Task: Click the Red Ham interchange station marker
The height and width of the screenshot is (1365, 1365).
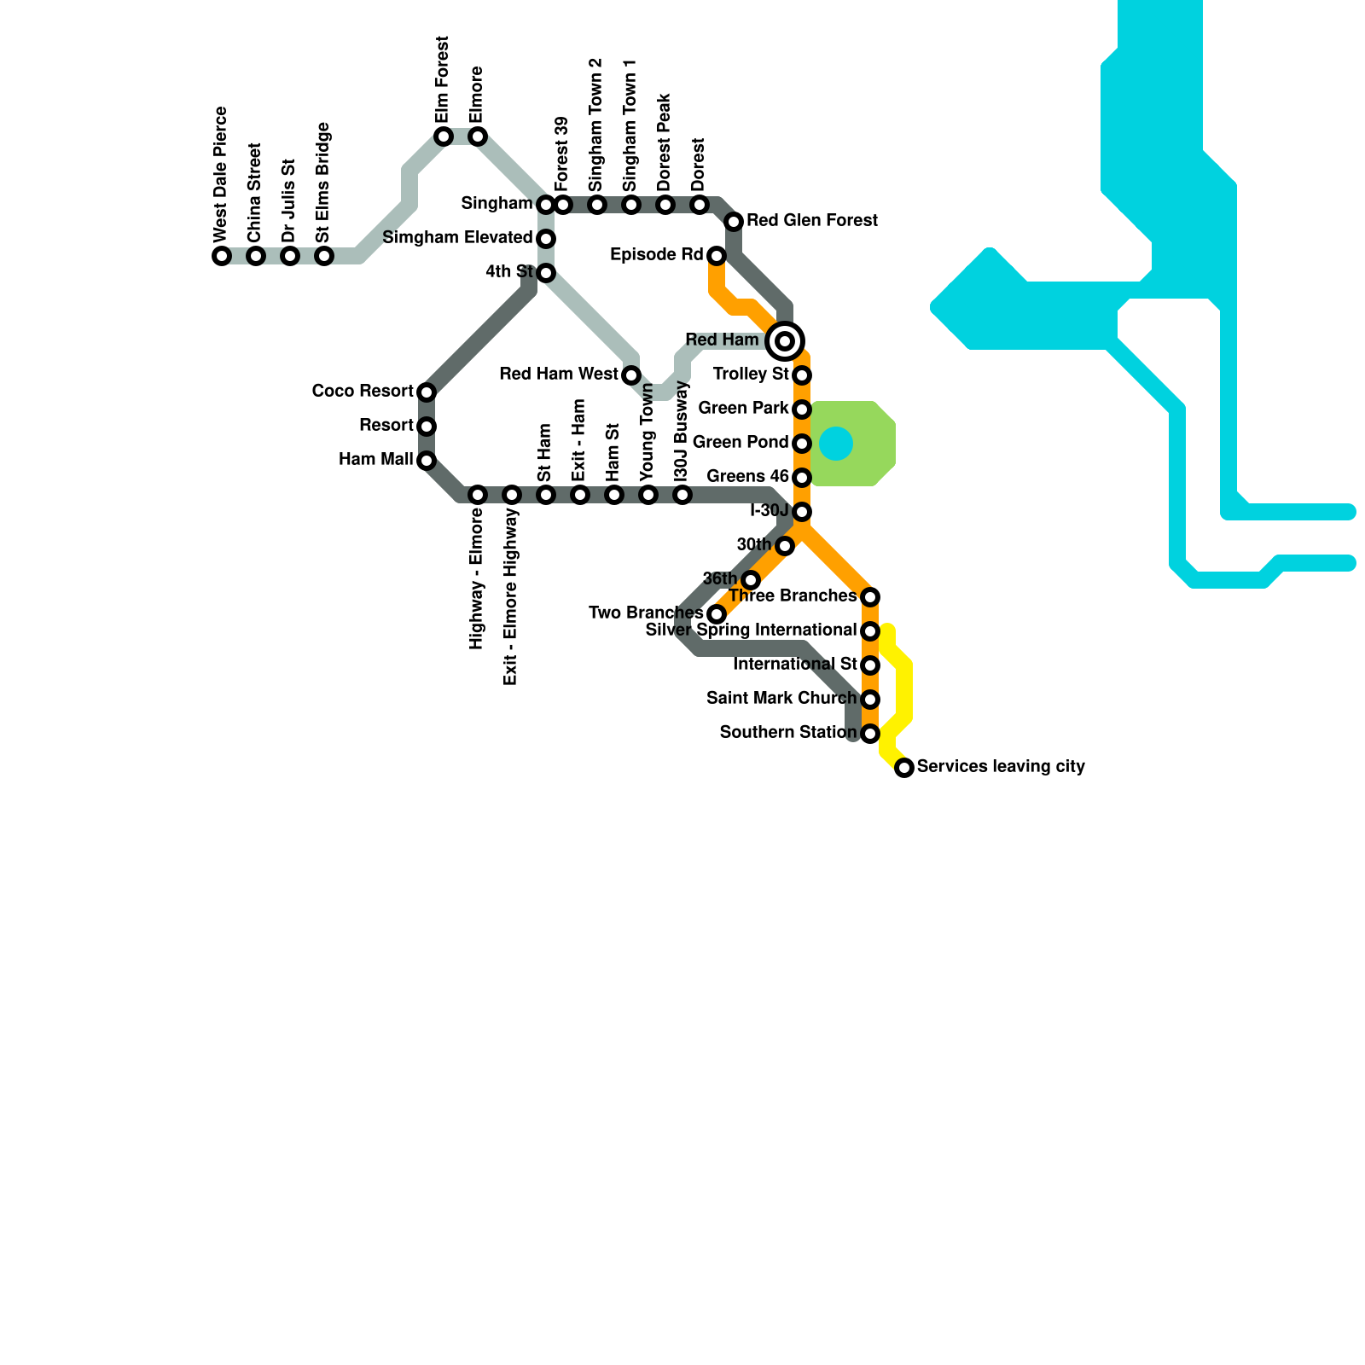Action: pyautogui.click(x=785, y=341)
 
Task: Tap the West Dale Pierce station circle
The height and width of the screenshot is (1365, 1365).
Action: pyautogui.click(x=222, y=256)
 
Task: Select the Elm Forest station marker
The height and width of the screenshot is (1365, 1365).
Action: pyautogui.click(x=444, y=136)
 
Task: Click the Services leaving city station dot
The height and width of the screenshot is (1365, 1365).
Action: pyautogui.click(x=904, y=768)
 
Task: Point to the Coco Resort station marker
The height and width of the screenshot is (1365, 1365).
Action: pyautogui.click(x=427, y=392)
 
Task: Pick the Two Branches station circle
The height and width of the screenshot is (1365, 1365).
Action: pyautogui.click(x=717, y=614)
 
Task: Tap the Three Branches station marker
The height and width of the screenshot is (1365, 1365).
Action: pyautogui.click(x=870, y=597)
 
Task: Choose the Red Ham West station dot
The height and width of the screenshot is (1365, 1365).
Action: pyautogui.click(x=631, y=375)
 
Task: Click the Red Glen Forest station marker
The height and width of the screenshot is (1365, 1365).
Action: pyautogui.click(x=734, y=222)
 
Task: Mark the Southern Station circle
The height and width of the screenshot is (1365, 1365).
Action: pyautogui.click(x=870, y=734)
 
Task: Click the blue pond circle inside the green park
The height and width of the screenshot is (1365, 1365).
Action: pyautogui.click(x=836, y=444)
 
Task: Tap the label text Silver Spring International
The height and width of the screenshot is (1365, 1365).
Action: pyautogui.click(x=751, y=630)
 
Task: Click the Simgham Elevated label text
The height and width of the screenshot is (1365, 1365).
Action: pyautogui.click(x=457, y=238)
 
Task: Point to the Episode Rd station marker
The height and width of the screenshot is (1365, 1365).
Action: pyautogui.click(x=717, y=256)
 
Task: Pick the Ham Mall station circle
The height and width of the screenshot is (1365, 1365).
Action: pyautogui.click(x=427, y=461)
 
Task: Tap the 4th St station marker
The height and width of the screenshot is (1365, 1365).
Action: pyautogui.click(x=546, y=273)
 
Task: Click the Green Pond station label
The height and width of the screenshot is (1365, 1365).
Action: pyautogui.click(x=741, y=443)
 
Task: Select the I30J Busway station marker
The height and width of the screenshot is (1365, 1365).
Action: pyautogui.click(x=682, y=495)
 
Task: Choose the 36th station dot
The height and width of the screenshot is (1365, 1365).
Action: pyautogui.click(x=751, y=580)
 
